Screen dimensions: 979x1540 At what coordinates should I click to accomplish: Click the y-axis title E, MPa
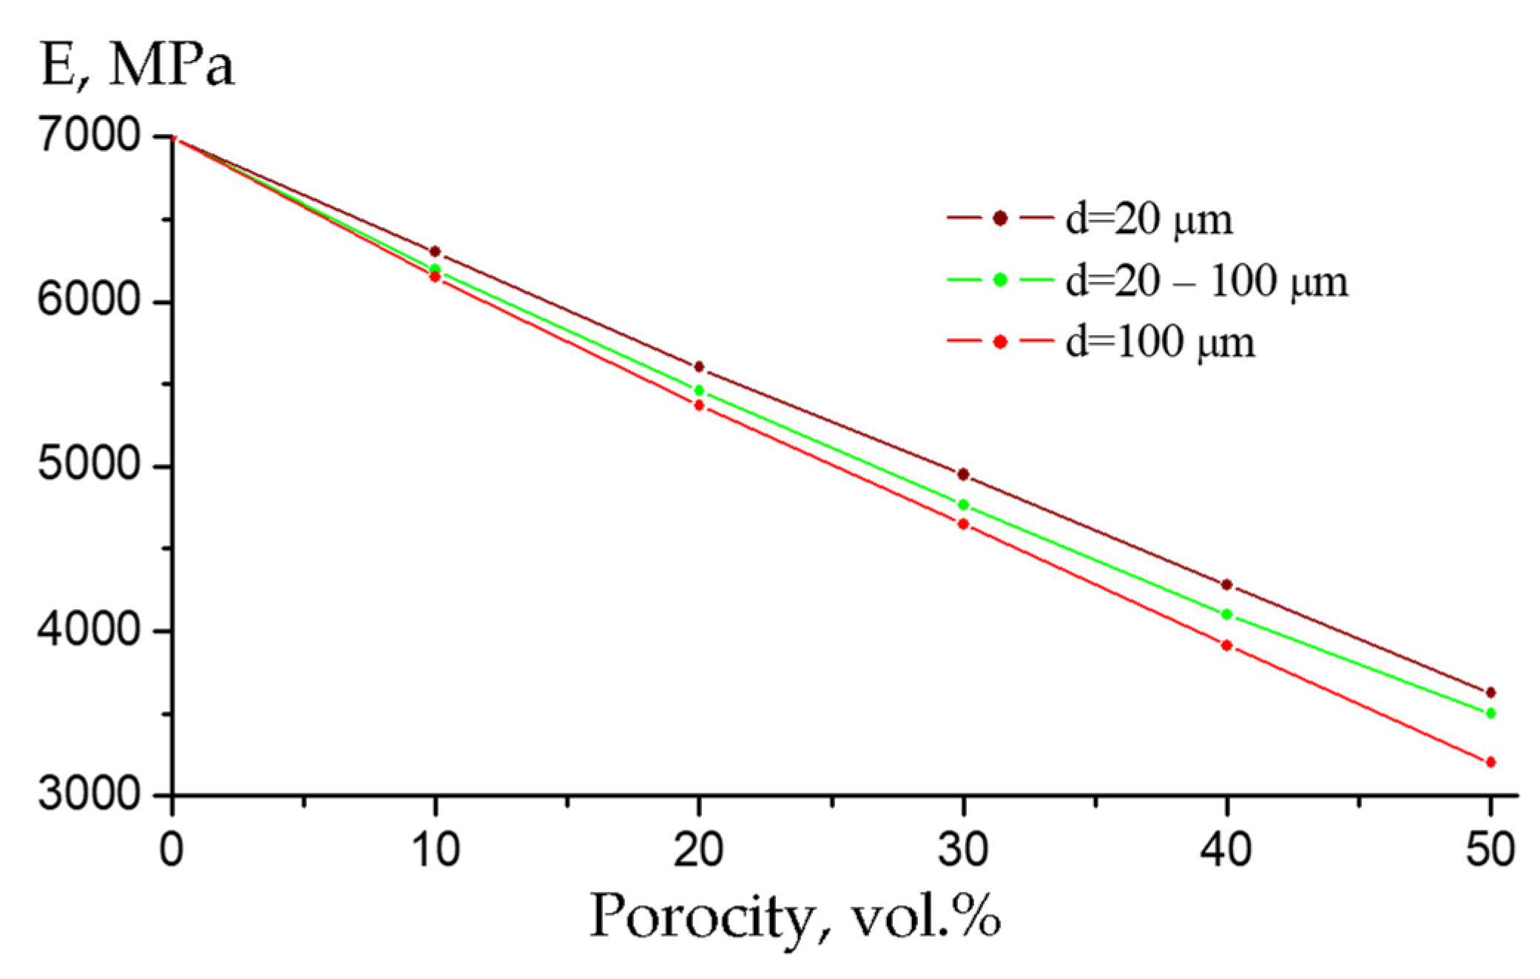click(137, 67)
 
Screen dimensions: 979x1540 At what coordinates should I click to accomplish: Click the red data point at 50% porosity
click(1490, 762)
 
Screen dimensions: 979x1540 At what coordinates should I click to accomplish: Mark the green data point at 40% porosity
click(1227, 614)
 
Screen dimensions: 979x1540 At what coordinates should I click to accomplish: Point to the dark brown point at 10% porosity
click(435, 252)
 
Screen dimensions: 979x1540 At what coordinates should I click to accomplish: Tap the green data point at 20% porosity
click(699, 390)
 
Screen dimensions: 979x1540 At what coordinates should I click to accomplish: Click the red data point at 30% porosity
click(963, 524)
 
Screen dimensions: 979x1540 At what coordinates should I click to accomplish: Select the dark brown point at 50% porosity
click(1490, 693)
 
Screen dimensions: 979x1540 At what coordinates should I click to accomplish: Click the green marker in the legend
click(1000, 280)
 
